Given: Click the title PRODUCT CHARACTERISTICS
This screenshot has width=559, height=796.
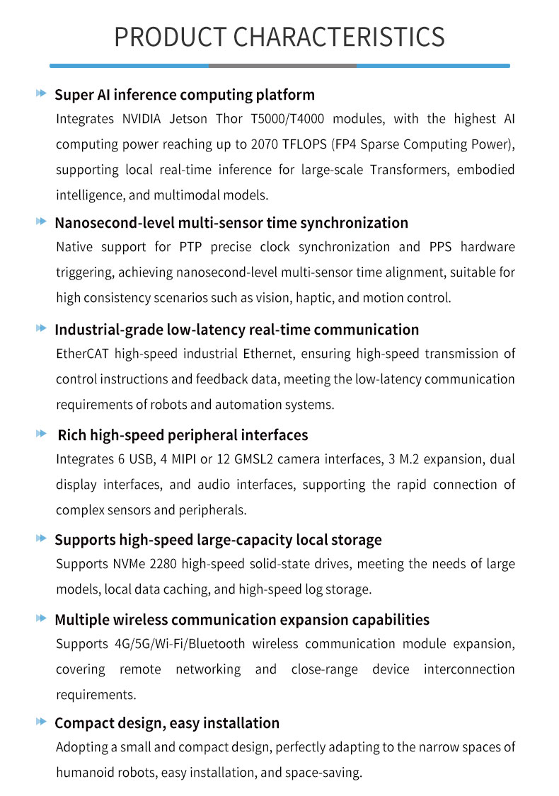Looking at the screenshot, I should coord(279,37).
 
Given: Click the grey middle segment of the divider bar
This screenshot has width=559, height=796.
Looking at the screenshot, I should coord(282,65).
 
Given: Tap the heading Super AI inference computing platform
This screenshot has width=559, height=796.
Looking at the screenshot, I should coord(185,95).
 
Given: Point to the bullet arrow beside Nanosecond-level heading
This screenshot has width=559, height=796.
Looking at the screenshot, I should coord(41,222).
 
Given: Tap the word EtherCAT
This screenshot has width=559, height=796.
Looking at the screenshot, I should coord(83,354).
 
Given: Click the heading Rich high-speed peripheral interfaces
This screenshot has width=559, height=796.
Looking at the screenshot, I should coord(183,435).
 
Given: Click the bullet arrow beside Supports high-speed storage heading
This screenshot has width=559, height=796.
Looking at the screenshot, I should coord(41,539).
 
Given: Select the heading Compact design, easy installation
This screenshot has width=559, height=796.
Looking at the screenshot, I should coord(167,723).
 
